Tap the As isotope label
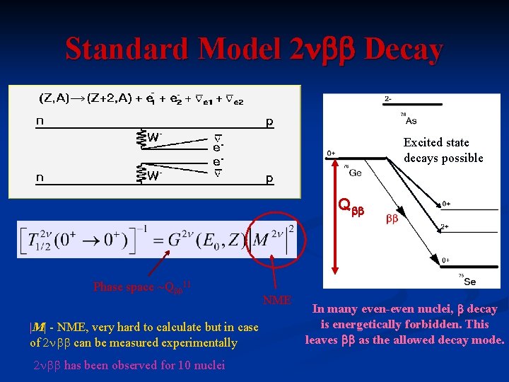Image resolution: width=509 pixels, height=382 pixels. pyautogui.click(x=411, y=120)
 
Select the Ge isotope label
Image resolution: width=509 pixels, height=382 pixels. pyautogui.click(x=356, y=173)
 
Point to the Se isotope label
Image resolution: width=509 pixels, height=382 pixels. pyautogui.click(x=469, y=281)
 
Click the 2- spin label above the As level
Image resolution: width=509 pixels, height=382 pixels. pyautogui.click(x=389, y=98)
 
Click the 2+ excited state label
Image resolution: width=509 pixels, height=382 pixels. pyautogui.click(x=445, y=227)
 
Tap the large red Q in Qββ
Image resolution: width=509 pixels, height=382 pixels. pyautogui.click(x=344, y=205)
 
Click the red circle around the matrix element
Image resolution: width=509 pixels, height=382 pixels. pyautogui.click(x=271, y=240)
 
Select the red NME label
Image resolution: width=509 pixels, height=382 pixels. pyautogui.click(x=277, y=301)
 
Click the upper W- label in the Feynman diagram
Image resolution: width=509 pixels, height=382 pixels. pyautogui.click(x=154, y=137)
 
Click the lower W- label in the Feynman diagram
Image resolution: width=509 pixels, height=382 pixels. pyautogui.click(x=154, y=175)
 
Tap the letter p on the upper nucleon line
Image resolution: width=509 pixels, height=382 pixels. pyautogui.click(x=269, y=122)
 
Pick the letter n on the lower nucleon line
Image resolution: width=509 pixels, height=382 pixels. pyautogui.click(x=40, y=178)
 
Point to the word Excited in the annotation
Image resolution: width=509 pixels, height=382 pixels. pyautogui.click(x=423, y=142)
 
